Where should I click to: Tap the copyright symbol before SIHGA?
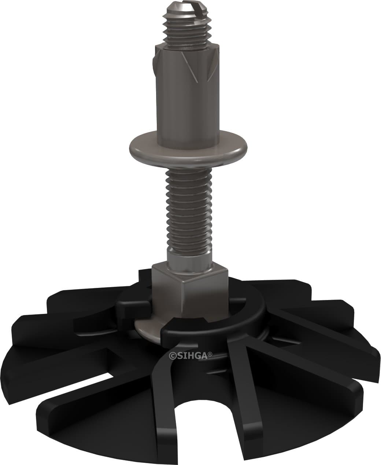pos(171,355)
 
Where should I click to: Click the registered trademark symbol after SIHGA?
pos(210,354)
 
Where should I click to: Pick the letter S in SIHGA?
pos(176,355)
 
